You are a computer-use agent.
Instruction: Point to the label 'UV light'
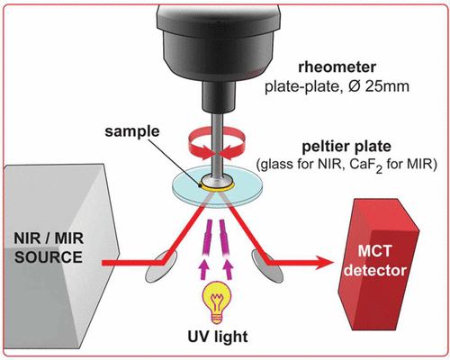pyautogui.click(x=217, y=338)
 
